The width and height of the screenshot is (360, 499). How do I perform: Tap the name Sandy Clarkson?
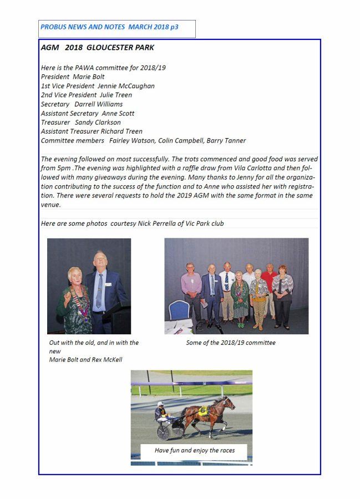(98, 122)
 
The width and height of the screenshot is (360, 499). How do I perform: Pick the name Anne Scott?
(118, 113)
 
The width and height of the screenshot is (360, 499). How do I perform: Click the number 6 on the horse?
(203, 411)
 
